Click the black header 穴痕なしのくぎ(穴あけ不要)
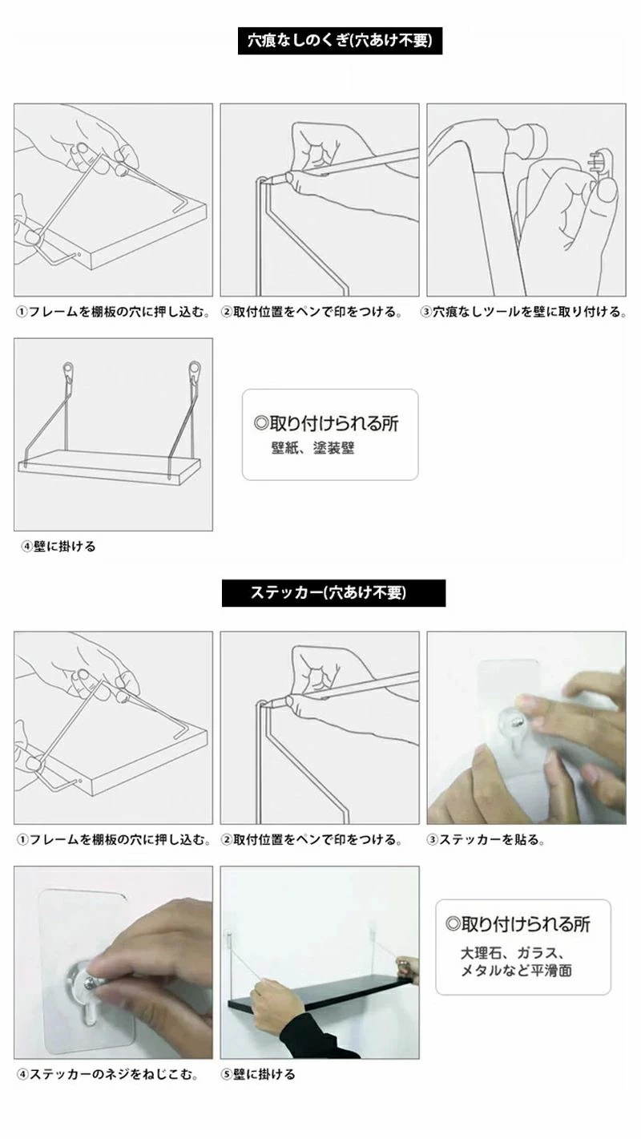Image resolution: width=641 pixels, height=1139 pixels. point(340,41)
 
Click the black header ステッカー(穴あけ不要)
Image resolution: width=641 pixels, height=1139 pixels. point(333,592)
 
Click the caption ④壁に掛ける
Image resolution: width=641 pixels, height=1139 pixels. point(58,547)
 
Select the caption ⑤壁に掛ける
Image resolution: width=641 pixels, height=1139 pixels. point(258,1074)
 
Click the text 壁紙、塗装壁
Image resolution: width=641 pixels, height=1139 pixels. point(312,448)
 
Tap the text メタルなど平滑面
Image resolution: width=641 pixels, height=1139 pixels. point(516,970)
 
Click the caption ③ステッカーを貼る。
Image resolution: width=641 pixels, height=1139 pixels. point(486,839)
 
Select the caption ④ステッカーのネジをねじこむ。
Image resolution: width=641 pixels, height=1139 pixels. point(107,1074)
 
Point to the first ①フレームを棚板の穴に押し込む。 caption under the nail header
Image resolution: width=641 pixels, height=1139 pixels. point(113,312)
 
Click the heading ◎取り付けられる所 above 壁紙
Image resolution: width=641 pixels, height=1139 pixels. point(326,423)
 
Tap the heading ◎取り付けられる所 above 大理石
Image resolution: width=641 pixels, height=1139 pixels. point(518,924)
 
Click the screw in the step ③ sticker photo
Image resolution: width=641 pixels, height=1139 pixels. point(517,721)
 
